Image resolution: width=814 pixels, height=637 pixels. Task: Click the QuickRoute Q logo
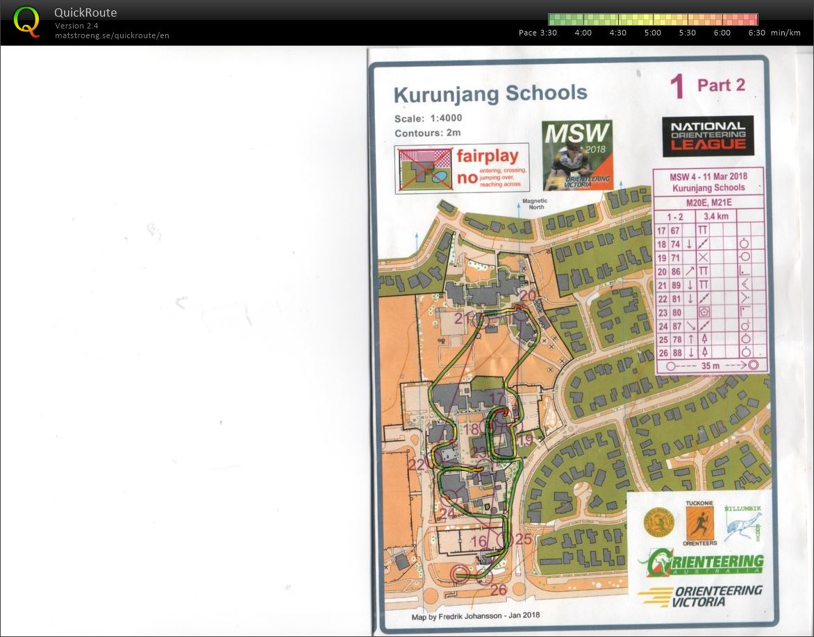(26, 22)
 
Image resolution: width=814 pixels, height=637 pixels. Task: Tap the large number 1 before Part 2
(677, 87)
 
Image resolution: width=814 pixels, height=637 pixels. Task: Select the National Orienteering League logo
(708, 135)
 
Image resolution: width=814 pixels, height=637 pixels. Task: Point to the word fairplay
(487, 156)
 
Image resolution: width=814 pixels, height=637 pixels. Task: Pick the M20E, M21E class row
(709, 202)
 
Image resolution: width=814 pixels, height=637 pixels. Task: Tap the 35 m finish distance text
(710, 365)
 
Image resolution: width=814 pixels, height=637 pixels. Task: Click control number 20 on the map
(528, 295)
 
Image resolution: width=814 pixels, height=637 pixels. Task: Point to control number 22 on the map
(417, 465)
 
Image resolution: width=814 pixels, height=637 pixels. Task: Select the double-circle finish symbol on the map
(460, 574)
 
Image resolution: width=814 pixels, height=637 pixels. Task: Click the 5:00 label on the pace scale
(652, 33)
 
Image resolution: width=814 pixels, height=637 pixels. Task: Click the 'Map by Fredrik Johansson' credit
(475, 615)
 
